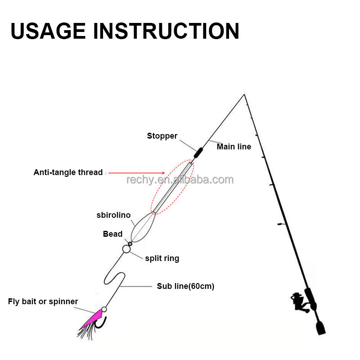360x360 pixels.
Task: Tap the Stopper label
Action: pyautogui.click(x=162, y=136)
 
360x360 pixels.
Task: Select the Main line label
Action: pyautogui.click(x=234, y=147)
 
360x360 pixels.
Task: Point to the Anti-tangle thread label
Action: pyautogui.click(x=68, y=172)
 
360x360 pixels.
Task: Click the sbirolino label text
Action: pyautogui.click(x=113, y=215)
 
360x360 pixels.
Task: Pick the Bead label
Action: pyautogui.click(x=112, y=234)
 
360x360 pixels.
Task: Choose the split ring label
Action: pyautogui.click(x=162, y=258)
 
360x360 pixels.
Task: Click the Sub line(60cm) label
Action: pyautogui.click(x=185, y=286)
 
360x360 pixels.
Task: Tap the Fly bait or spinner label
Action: pyautogui.click(x=43, y=301)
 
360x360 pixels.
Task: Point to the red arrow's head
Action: pyautogui.click(x=165, y=172)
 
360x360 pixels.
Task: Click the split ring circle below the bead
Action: pyautogui.click(x=126, y=249)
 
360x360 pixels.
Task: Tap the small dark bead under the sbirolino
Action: pyautogui.click(x=130, y=243)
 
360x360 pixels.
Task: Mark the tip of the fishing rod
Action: pyautogui.click(x=244, y=94)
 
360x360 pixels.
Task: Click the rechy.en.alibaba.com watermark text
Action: pyautogui.click(x=180, y=180)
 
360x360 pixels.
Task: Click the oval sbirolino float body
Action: pyautogui.click(x=142, y=227)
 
